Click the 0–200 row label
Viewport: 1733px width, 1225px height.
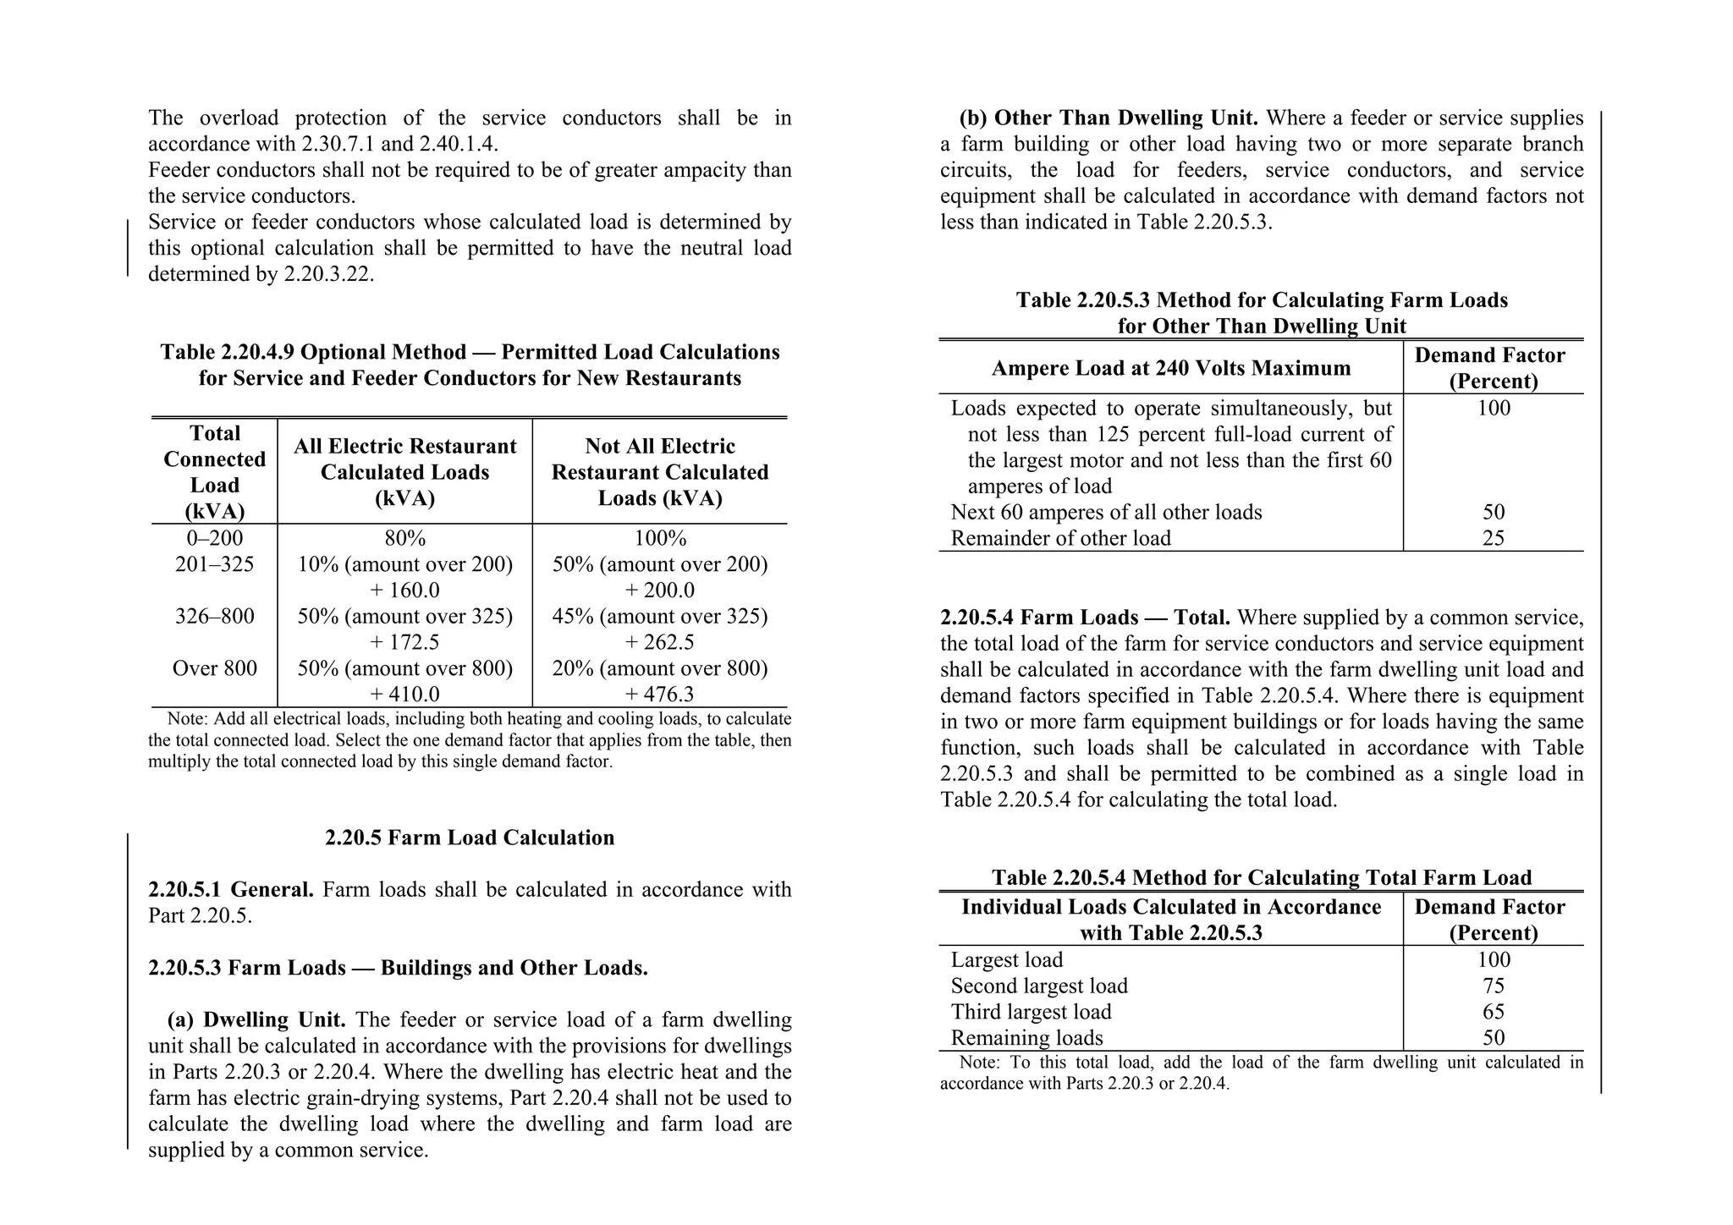[x=214, y=539]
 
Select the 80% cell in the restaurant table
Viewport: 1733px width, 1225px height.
[x=404, y=539]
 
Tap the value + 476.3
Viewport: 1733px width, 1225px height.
[x=659, y=695]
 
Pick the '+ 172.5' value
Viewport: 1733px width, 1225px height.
[x=404, y=642]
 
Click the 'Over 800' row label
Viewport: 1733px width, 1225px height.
[x=214, y=668]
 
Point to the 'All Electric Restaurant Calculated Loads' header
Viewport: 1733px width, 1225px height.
[x=404, y=472]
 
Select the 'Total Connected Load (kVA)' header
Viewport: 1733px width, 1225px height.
[x=214, y=472]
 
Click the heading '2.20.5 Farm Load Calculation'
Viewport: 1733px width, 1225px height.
[x=470, y=838]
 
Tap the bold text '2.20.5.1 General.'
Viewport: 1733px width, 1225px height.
[x=230, y=890]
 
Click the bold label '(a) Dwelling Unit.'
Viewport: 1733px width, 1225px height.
[x=257, y=1020]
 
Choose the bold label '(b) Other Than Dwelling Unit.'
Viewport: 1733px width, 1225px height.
[x=1109, y=118]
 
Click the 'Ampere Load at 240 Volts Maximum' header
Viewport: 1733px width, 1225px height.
[x=1171, y=369]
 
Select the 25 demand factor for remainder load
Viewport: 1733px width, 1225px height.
[x=1493, y=539]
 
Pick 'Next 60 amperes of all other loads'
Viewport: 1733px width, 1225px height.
[x=1106, y=513]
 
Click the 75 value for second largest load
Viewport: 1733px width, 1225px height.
[x=1493, y=986]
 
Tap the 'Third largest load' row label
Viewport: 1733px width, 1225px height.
[x=1031, y=1013]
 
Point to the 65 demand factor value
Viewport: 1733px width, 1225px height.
[x=1493, y=1013]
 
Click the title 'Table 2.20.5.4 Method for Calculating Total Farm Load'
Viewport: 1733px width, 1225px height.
[x=1261, y=878]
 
